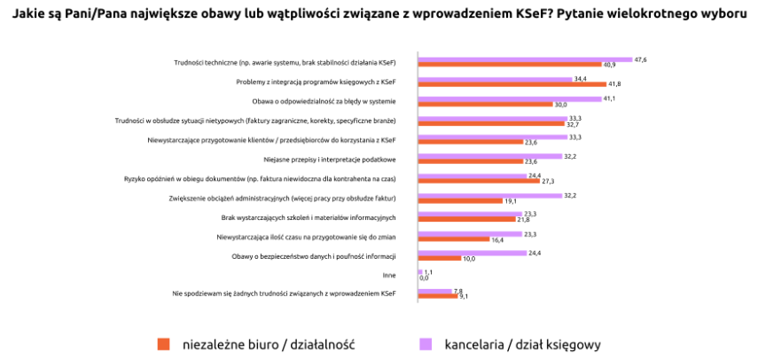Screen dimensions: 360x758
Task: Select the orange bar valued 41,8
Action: click(x=512, y=84)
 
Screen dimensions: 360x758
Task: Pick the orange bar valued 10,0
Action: click(x=439, y=258)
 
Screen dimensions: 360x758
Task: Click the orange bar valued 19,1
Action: click(x=449, y=200)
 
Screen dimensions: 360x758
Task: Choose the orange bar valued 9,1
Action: click(x=438, y=296)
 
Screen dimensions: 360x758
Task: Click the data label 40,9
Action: click(x=609, y=65)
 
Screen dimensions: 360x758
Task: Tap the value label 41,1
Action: click(x=609, y=98)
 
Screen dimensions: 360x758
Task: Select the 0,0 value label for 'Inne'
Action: click(x=424, y=278)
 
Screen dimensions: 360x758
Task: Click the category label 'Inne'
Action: click(x=389, y=275)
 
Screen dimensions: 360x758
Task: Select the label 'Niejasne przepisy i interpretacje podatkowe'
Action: click(x=330, y=160)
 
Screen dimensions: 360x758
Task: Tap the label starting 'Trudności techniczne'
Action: click(x=285, y=62)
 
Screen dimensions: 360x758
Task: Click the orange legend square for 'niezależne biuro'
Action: click(x=163, y=343)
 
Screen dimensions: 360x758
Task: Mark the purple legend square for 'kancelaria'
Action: click(x=425, y=343)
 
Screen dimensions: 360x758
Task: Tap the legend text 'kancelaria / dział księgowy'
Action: click(x=523, y=344)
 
